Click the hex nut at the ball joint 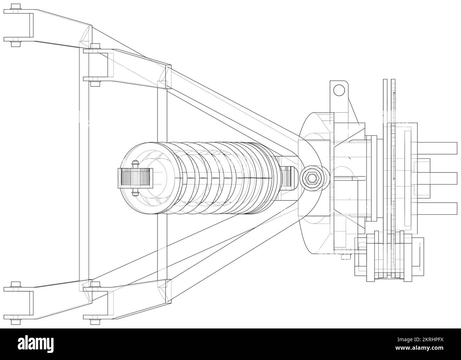point(311,178)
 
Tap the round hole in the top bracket point(339,90)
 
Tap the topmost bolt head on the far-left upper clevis point(15,6)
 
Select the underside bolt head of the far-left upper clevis point(15,44)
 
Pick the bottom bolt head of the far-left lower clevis point(15,322)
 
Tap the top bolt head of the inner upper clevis point(95,46)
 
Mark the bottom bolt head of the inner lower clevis point(95,322)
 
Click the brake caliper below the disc point(388,257)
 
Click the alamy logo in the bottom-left point(39,344)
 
